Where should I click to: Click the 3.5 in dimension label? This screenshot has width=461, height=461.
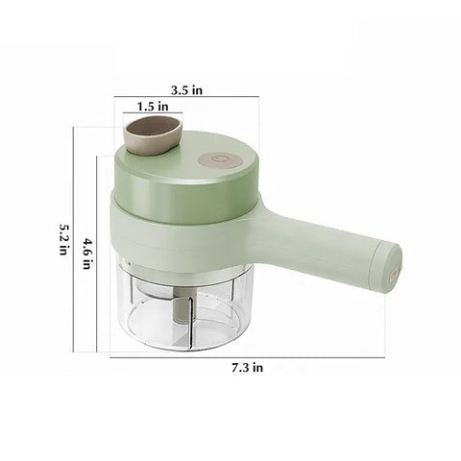(x=186, y=90)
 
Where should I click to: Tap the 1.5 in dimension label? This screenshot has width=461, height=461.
(x=153, y=107)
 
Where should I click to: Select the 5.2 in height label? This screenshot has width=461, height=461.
(x=64, y=239)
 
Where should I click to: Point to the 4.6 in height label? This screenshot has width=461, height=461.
(x=86, y=253)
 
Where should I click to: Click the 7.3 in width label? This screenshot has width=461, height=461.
(x=248, y=368)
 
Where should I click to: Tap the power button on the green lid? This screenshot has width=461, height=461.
(x=220, y=159)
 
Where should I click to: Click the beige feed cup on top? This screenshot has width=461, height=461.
(x=153, y=136)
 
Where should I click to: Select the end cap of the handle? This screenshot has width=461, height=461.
(x=387, y=268)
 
